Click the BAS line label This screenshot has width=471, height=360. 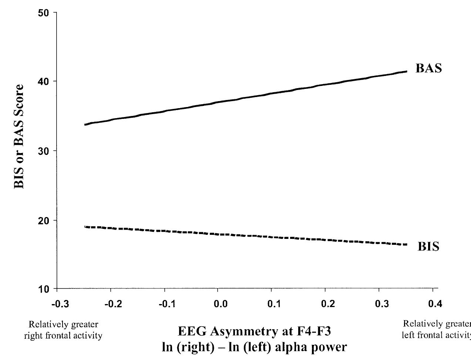pos(429,69)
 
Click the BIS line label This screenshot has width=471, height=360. pos(428,247)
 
